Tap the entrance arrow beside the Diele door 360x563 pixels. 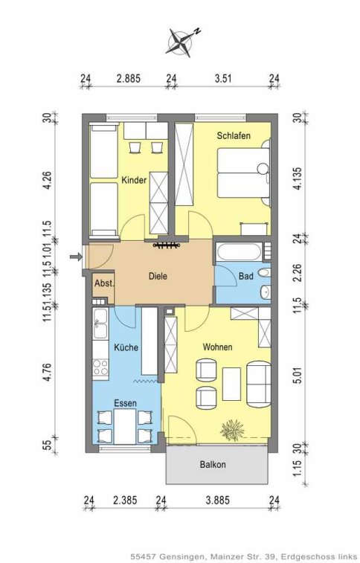(75, 257)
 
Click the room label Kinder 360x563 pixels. (134, 180)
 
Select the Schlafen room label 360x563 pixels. (234, 135)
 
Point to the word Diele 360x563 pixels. (158, 276)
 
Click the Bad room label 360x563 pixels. (246, 276)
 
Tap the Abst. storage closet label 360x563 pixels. (104, 283)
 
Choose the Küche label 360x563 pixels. (126, 347)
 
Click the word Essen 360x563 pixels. (125, 403)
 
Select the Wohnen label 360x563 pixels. (217, 347)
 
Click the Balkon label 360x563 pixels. (213, 464)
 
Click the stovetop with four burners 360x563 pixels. (100, 367)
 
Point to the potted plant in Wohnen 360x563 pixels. (232, 430)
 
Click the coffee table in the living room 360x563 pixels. (231, 384)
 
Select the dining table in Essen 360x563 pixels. (125, 427)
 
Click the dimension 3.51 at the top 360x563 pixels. (223, 78)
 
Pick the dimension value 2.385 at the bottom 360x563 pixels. (125, 500)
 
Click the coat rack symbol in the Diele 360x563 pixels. (166, 245)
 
